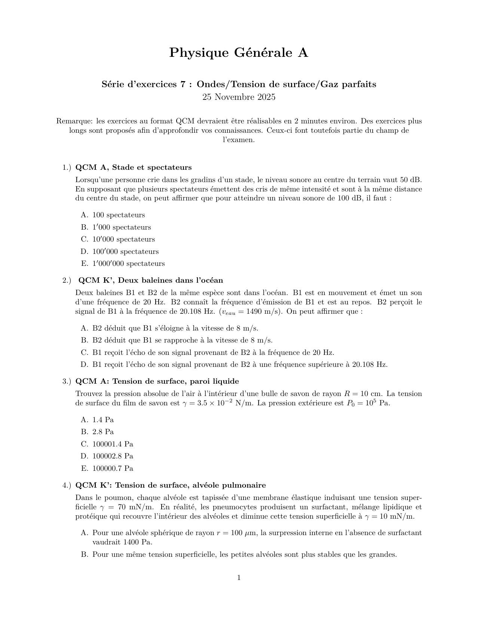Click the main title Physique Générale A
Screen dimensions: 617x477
point(239,53)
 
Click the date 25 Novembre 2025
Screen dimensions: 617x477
point(239,97)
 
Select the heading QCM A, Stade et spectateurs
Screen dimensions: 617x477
point(134,167)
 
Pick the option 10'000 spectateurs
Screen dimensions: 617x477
point(123,239)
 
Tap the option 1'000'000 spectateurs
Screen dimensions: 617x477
point(128,264)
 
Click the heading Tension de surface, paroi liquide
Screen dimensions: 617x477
point(157,381)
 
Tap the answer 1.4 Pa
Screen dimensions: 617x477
point(103,420)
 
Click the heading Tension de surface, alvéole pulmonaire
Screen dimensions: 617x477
point(171,485)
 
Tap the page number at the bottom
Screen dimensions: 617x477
point(239,578)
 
